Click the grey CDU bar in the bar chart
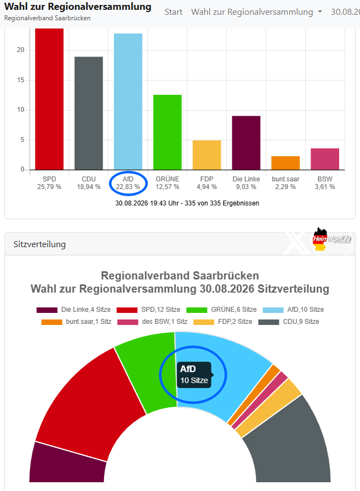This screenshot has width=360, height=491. point(89,113)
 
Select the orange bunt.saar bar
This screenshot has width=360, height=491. point(285,163)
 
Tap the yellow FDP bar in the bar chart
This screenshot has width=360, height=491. point(207,155)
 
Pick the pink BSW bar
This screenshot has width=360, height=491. point(325,159)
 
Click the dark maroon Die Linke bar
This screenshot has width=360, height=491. point(246,143)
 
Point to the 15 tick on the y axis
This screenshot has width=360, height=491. point(21,80)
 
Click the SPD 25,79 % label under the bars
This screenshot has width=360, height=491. point(49,183)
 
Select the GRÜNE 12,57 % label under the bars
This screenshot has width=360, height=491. point(168,183)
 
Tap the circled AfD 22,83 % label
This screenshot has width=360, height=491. point(128,183)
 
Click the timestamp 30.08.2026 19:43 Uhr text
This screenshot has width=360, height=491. point(148,203)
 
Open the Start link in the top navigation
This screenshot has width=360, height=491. point(174,12)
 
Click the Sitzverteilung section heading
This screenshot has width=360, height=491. point(39,244)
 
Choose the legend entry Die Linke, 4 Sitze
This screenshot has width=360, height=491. point(73,310)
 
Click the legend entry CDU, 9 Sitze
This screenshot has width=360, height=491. point(289,322)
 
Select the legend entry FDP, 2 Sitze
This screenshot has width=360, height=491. point(223,322)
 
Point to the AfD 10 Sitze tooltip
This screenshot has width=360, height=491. point(195,375)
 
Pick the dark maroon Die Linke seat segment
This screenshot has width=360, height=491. point(67,464)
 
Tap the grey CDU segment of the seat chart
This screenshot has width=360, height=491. point(289,444)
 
